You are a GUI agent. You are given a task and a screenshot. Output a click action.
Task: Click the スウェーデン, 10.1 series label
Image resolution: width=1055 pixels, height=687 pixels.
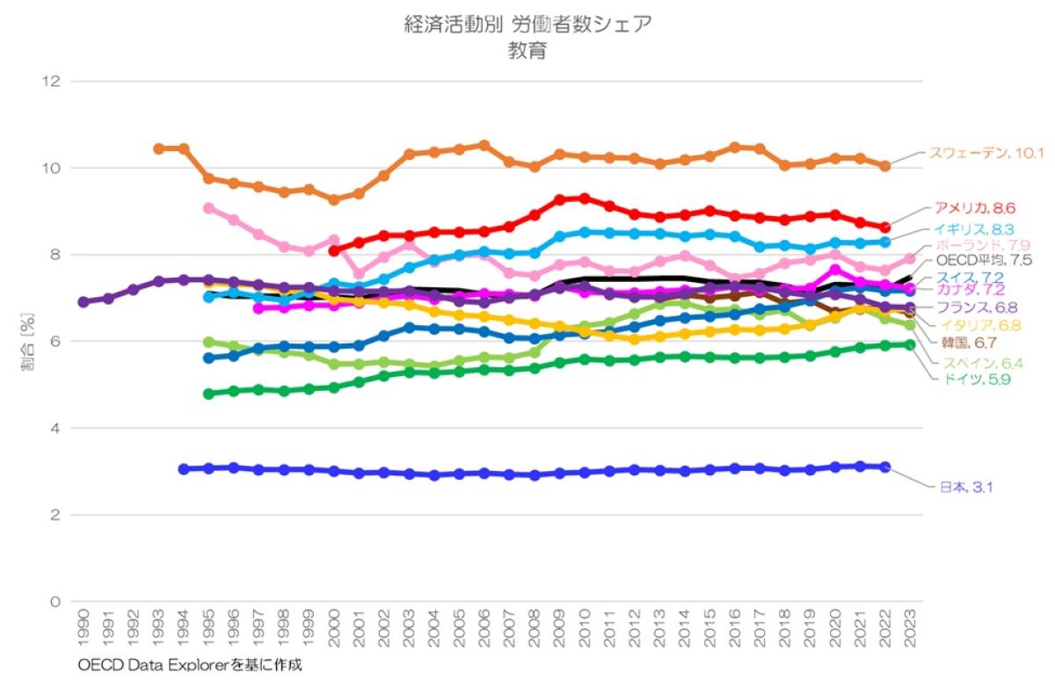tap(986, 154)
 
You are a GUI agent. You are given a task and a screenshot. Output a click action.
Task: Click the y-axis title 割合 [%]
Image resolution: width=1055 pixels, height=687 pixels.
tap(25, 341)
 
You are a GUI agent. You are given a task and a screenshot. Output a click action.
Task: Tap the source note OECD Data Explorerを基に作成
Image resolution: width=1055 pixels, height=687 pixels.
tap(189, 665)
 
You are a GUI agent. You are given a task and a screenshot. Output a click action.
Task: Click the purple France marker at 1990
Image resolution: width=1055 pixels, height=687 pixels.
tap(84, 301)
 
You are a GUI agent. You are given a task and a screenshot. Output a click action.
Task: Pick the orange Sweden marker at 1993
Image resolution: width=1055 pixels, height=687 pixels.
tap(158, 148)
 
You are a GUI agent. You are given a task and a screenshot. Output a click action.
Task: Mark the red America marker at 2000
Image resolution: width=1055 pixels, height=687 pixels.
tap(334, 250)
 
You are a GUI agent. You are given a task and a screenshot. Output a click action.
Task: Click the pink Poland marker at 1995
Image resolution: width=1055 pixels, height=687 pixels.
tap(208, 208)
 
